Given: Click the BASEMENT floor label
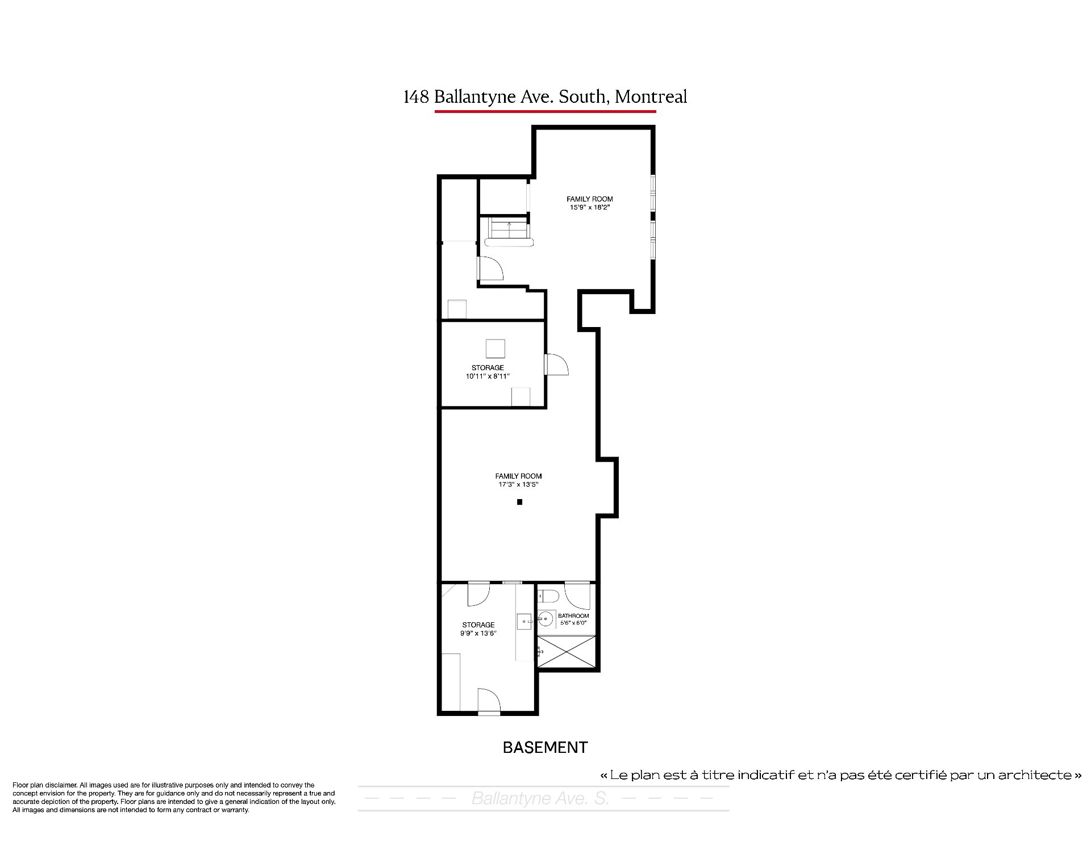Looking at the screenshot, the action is tap(545, 747).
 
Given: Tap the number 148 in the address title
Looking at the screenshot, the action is tap(416, 97).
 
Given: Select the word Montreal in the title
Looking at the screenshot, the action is tap(651, 97).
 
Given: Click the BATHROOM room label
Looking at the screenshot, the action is tap(573, 615).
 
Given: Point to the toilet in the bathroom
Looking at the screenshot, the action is tap(548, 596).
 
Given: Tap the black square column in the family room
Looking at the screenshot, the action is tap(519, 502).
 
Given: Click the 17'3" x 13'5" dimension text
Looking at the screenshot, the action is tap(518, 485).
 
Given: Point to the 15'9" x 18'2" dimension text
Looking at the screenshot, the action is tap(590, 207).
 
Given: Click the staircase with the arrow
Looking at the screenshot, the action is tap(510, 229).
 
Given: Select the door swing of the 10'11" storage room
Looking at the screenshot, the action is tap(557, 364).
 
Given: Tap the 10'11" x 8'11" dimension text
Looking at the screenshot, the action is tap(488, 376).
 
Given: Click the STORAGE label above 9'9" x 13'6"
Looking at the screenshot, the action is tap(478, 625).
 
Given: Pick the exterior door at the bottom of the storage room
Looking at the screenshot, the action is tap(489, 701).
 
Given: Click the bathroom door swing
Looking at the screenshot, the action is tap(578, 596).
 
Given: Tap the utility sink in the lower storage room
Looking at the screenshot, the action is tap(524, 622).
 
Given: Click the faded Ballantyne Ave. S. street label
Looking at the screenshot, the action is tap(540, 799).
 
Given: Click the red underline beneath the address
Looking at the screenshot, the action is tap(545, 111).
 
